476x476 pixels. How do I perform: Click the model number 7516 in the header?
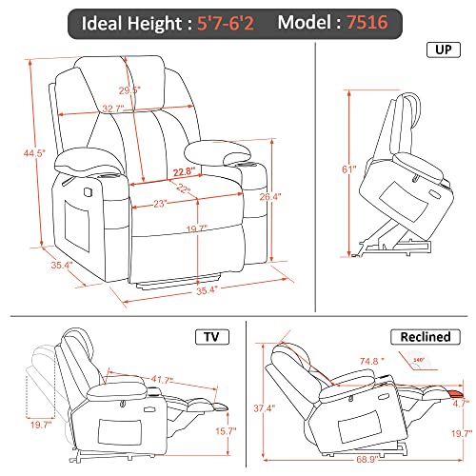coord(367,22)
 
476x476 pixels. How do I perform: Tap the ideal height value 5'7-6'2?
coord(226,23)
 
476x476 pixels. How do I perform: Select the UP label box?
coord(444,50)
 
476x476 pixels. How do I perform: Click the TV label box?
coord(212,337)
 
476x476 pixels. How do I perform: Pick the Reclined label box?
coord(426,337)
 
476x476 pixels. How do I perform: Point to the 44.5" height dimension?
coord(34,153)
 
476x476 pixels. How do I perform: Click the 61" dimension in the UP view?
coord(349,169)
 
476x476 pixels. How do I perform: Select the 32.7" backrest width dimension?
coord(113,109)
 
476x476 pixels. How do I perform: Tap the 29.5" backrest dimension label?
coord(129,90)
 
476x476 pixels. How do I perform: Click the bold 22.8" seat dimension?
coord(184,172)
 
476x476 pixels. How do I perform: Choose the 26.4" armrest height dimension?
coord(270,197)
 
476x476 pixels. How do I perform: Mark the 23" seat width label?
coord(160,204)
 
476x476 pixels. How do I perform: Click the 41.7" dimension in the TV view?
coord(162,380)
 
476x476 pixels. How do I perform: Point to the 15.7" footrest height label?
coord(227,431)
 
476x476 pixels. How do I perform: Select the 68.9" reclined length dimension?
coord(367,459)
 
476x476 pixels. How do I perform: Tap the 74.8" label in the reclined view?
coord(372,361)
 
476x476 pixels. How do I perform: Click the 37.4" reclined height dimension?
coord(265,408)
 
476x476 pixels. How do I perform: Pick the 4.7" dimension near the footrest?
coord(461,404)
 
